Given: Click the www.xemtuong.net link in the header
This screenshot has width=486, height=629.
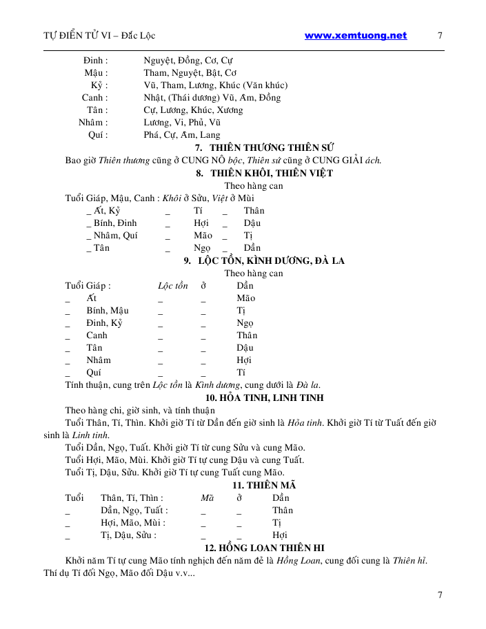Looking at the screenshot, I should click(355, 36).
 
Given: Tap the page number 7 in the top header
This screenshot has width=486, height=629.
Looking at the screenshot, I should click(440, 36).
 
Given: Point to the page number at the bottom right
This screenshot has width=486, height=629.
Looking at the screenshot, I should click(440, 593).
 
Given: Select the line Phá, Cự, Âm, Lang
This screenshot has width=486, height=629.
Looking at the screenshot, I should click(182, 135).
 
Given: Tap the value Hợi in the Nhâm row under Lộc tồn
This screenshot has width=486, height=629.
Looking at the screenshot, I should click(244, 360).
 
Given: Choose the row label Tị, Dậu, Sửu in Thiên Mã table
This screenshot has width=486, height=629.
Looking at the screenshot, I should click(128, 535).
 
